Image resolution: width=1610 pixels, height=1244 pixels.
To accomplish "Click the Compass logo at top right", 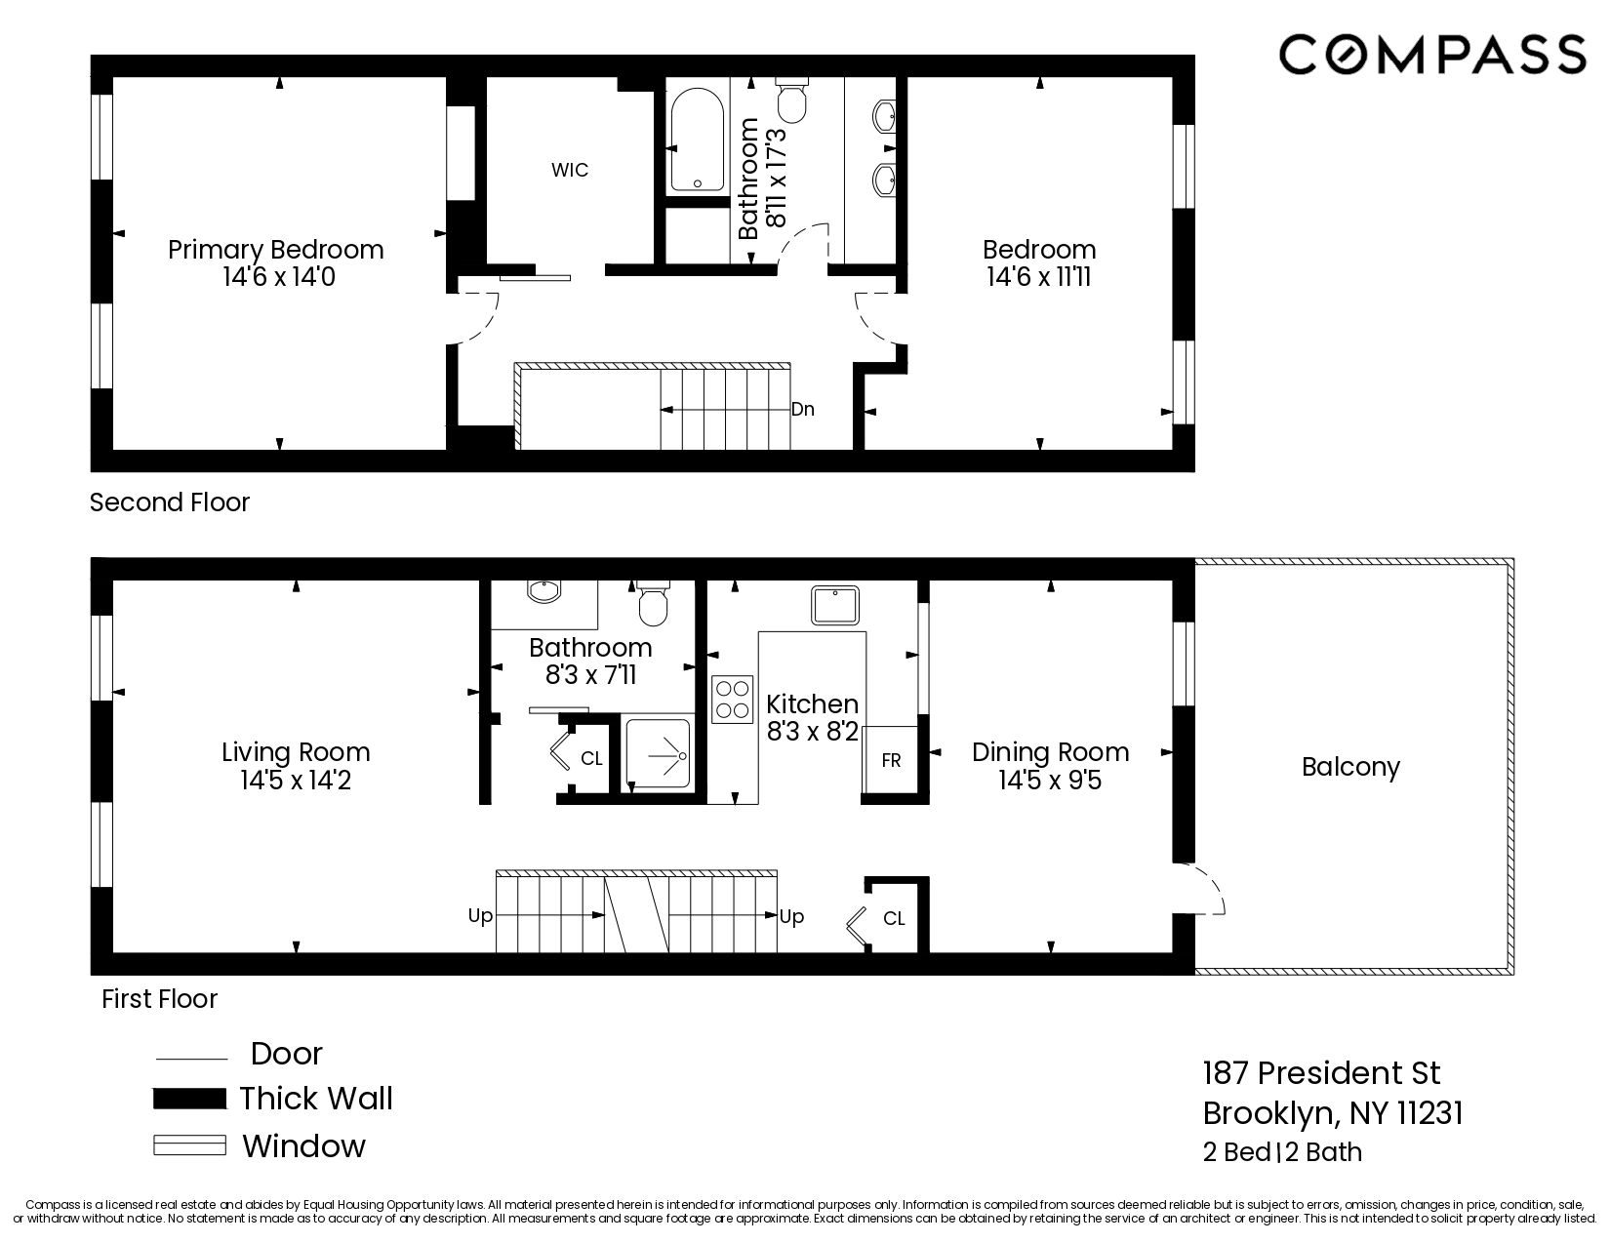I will click(1431, 54).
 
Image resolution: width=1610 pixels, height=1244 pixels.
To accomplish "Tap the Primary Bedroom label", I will click(276, 250).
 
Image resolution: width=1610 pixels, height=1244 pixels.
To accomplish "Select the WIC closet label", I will click(570, 170).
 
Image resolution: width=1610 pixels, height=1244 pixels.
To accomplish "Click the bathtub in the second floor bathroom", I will click(697, 141).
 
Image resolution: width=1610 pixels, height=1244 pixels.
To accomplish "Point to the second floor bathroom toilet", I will click(791, 100).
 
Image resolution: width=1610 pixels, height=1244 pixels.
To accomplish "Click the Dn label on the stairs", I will click(802, 409).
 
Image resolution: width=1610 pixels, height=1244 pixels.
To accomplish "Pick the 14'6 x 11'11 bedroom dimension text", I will click(1038, 277).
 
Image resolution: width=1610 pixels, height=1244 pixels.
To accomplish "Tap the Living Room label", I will click(296, 752).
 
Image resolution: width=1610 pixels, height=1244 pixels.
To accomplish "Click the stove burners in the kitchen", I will click(732, 699).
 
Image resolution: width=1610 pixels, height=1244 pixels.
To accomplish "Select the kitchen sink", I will click(834, 605).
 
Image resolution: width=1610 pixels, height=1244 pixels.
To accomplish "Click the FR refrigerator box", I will click(891, 760).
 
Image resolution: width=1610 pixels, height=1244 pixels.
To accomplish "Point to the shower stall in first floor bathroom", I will click(658, 754).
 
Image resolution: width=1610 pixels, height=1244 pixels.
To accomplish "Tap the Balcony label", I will click(1350, 767).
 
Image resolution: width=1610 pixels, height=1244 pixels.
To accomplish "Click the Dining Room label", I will click(1050, 752).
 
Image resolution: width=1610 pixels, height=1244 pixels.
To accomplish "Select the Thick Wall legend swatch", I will click(189, 1099).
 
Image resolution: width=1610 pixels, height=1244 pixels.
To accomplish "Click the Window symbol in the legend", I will click(189, 1145).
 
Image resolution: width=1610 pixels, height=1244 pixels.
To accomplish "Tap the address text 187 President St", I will click(1321, 1073).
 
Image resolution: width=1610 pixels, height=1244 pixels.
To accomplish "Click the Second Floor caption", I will click(170, 502).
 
